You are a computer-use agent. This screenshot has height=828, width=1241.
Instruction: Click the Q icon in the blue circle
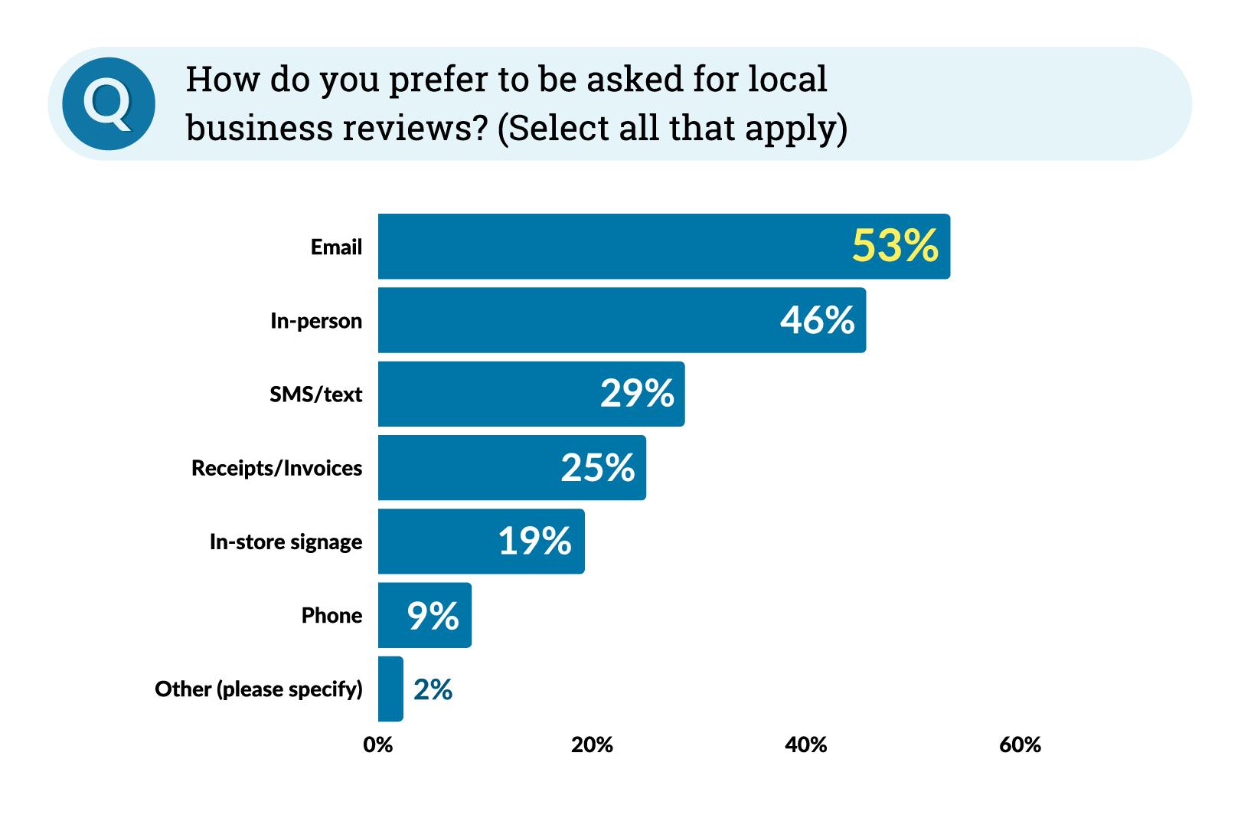click(x=109, y=103)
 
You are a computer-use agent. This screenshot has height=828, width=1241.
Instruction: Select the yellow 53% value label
click(x=894, y=246)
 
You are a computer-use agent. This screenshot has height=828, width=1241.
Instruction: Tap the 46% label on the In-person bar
click(x=817, y=319)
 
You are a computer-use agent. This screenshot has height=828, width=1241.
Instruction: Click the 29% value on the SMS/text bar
click(x=636, y=393)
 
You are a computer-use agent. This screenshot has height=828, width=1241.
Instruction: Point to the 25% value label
click(x=597, y=467)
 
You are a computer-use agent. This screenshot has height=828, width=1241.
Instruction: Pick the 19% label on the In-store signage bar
click(x=534, y=541)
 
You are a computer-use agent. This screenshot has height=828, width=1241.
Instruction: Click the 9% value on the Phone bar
click(x=433, y=615)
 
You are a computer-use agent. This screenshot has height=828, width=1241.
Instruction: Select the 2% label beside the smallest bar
click(x=433, y=689)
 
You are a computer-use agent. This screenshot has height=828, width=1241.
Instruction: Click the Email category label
click(x=336, y=247)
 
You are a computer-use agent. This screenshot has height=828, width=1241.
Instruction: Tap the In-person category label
click(x=315, y=321)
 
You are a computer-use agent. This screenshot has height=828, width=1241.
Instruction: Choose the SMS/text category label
click(x=315, y=394)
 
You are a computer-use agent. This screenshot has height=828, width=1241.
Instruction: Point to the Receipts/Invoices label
click(x=276, y=468)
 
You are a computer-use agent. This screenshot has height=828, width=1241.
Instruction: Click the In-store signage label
click(x=286, y=542)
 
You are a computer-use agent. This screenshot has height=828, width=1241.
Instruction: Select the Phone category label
click(x=331, y=615)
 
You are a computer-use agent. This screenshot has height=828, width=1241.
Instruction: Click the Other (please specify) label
click(x=258, y=689)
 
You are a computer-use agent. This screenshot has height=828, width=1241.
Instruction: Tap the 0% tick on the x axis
click(x=377, y=745)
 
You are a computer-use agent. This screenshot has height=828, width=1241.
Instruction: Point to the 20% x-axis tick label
click(x=592, y=745)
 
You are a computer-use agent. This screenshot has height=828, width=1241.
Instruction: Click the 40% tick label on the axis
click(x=805, y=745)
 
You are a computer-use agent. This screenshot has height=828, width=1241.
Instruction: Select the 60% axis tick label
click(x=1020, y=745)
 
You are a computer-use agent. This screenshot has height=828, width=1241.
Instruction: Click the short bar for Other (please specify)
click(x=390, y=689)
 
